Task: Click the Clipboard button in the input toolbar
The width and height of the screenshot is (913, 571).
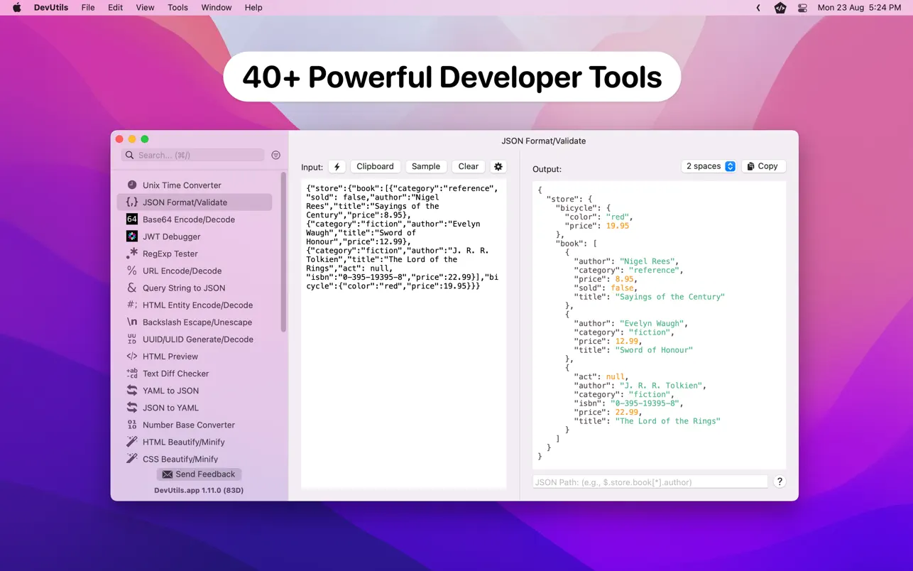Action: [x=375, y=166]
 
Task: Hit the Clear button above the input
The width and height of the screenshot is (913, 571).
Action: [x=468, y=166]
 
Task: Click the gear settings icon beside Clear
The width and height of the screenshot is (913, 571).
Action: [x=498, y=167]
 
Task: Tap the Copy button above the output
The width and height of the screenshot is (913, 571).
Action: [x=763, y=166]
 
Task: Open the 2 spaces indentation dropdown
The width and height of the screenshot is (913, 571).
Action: [x=709, y=166]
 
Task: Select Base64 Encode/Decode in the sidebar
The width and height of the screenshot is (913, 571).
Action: [x=188, y=219]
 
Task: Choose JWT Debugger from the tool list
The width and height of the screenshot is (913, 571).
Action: [x=171, y=236]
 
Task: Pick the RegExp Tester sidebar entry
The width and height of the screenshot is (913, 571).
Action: [x=170, y=254]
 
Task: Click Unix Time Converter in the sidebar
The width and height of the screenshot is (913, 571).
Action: [x=181, y=185]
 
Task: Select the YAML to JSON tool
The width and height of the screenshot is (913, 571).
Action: [x=170, y=391]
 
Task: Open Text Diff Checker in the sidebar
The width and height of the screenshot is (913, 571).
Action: [x=175, y=374]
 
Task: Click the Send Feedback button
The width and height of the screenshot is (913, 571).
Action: [x=199, y=474]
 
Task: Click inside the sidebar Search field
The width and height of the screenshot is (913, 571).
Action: [x=195, y=155]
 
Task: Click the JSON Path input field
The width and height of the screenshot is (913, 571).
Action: [x=650, y=482]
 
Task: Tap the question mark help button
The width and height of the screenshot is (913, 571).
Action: [x=780, y=482]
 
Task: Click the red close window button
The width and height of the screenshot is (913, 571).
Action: [x=119, y=139]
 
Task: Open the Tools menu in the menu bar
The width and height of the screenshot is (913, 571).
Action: [x=177, y=8]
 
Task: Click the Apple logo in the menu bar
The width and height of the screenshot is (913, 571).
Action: [x=16, y=8]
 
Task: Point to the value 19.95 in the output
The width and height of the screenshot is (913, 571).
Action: [x=617, y=226]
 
